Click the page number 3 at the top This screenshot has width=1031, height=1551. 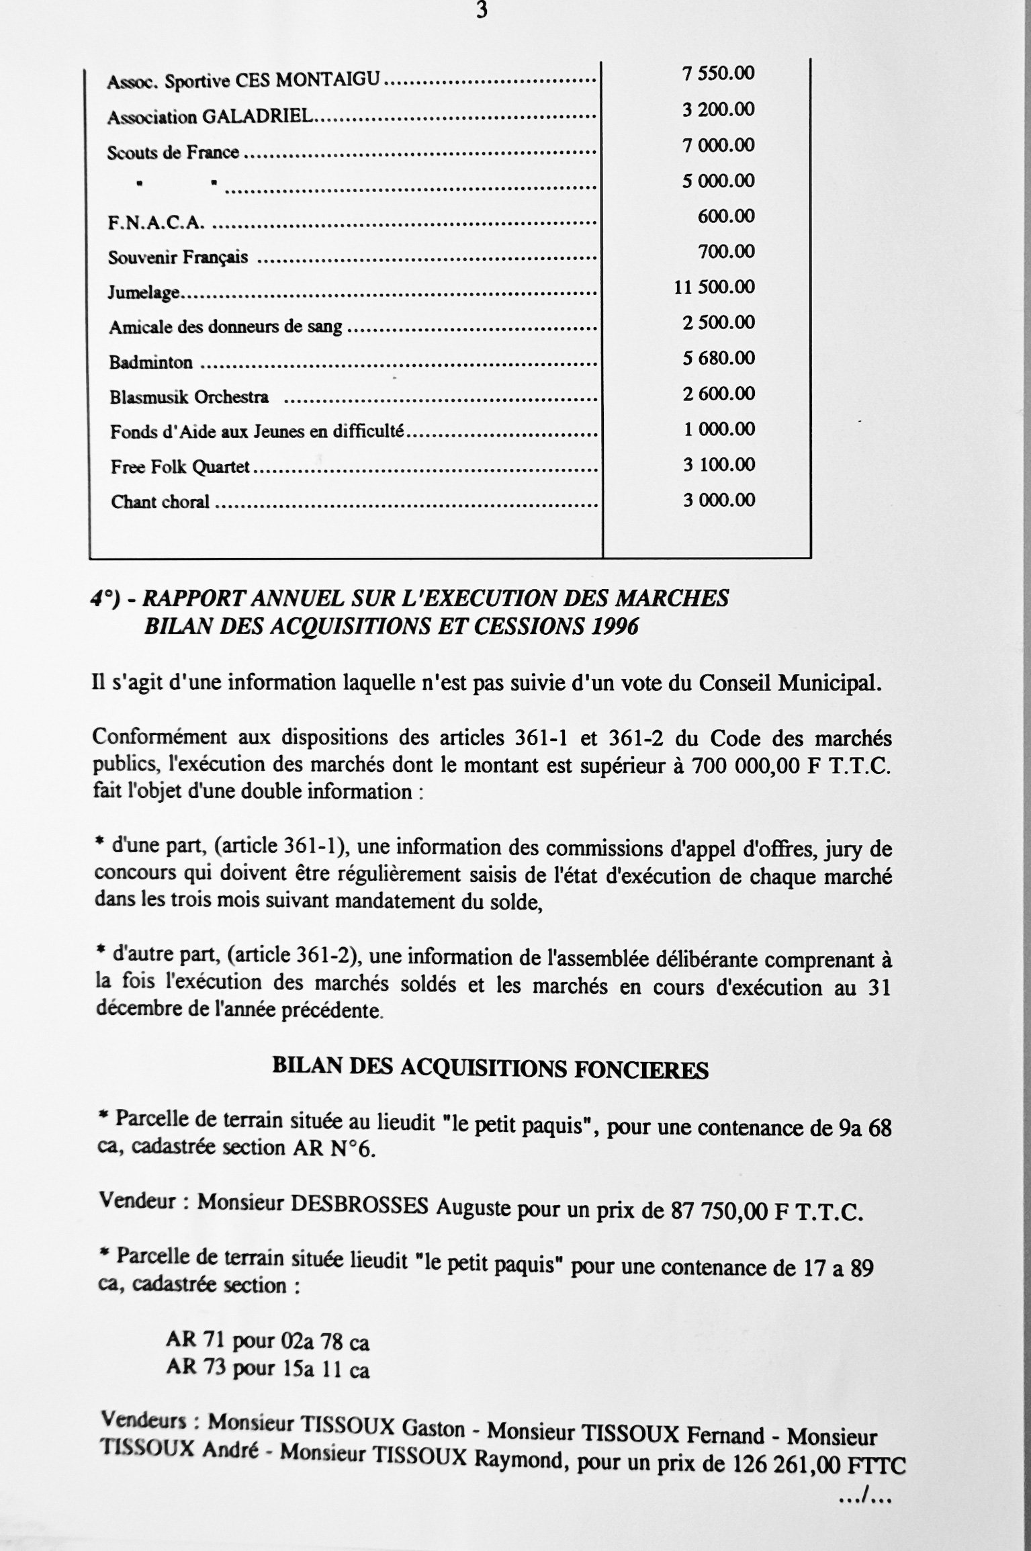tap(481, 11)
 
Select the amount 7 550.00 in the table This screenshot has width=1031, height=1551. tap(718, 73)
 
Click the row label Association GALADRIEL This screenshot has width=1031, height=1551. tap(210, 117)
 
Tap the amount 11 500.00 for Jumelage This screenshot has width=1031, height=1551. tap(714, 287)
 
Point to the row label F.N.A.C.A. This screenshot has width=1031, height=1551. tap(156, 223)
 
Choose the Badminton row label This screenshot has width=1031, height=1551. tap(151, 363)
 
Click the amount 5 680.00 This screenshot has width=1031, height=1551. tap(719, 357)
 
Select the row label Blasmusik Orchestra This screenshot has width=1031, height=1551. tap(189, 397)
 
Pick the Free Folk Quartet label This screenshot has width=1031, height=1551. tap(180, 467)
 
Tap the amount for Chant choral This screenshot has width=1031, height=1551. tap(719, 500)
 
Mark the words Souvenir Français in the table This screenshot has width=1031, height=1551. tap(178, 257)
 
